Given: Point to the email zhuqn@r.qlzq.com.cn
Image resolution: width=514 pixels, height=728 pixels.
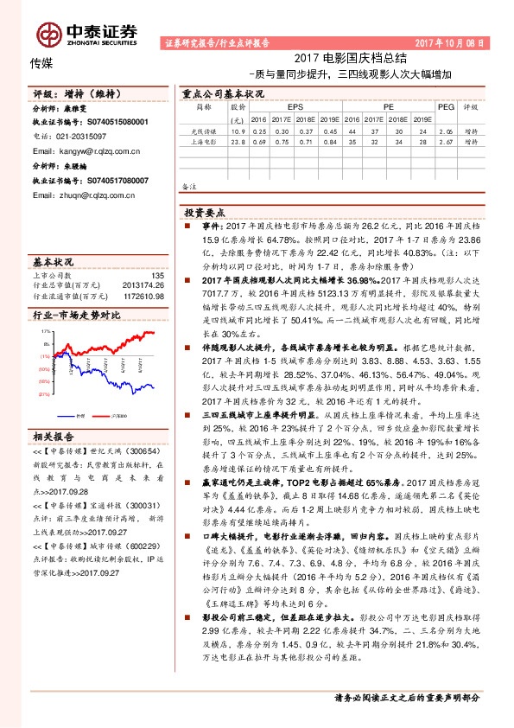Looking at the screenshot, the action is (85, 195).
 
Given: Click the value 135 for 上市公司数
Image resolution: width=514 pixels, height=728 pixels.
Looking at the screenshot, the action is (156, 276).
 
